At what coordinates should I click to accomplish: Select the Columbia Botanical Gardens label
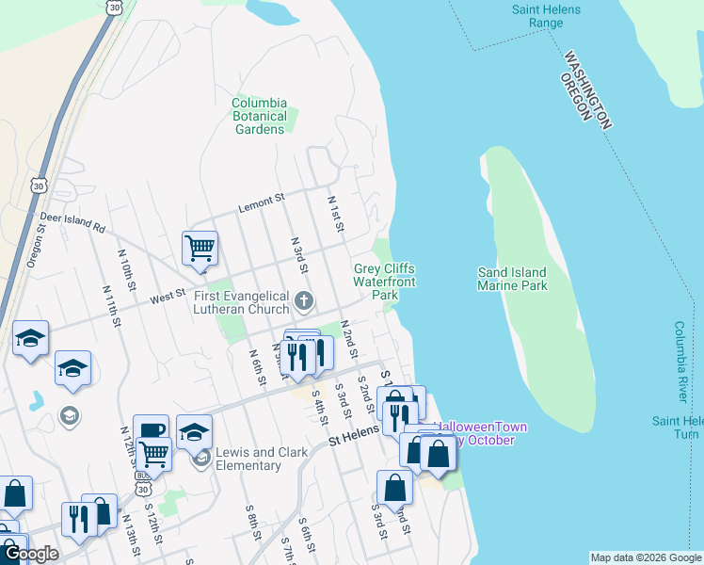click(x=259, y=116)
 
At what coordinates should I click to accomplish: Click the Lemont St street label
click(x=261, y=202)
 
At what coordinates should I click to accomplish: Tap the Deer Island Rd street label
click(x=72, y=222)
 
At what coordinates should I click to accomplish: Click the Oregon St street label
click(x=36, y=246)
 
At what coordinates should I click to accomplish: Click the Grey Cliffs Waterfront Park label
click(x=384, y=282)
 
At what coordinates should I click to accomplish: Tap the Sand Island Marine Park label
click(x=513, y=278)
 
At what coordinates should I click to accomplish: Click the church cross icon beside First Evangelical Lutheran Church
click(x=303, y=301)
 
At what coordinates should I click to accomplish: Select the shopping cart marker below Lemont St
click(x=200, y=249)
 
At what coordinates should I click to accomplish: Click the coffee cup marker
click(x=151, y=431)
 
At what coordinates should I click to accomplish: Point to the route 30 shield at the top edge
click(x=114, y=7)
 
